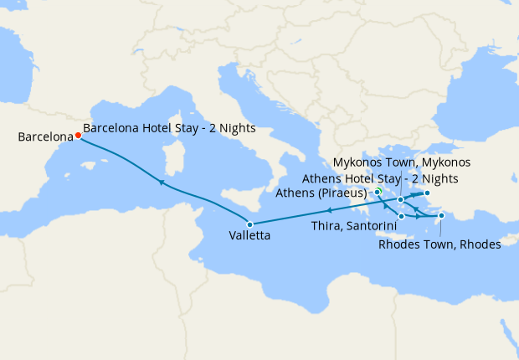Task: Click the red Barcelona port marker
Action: click(78, 135)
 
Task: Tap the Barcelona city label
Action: click(44, 136)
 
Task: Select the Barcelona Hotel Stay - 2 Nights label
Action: click(170, 129)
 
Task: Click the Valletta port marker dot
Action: click(249, 223)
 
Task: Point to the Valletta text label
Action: click(249, 237)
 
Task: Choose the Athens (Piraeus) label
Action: click(321, 193)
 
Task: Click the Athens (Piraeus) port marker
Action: click(378, 192)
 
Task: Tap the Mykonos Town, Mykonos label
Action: click(402, 162)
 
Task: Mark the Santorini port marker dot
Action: click(402, 217)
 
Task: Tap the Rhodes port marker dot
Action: click(441, 215)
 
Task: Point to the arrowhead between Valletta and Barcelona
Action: click(161, 182)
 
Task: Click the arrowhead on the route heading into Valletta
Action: click(329, 210)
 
